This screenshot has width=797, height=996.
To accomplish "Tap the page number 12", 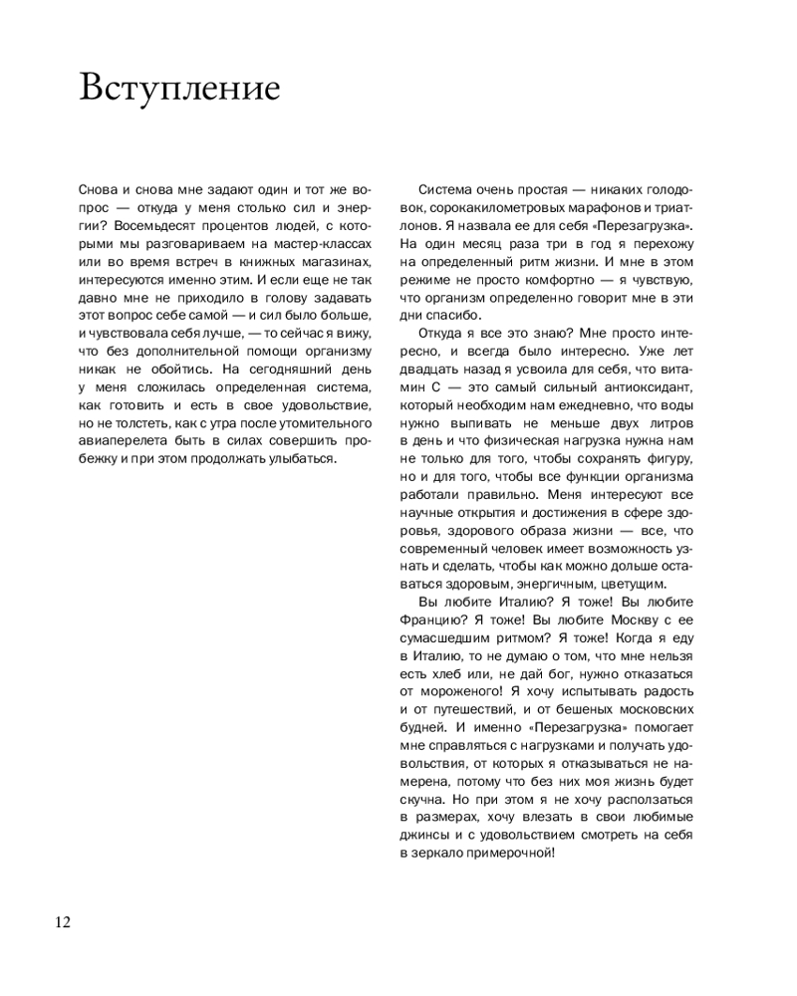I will [62, 921].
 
